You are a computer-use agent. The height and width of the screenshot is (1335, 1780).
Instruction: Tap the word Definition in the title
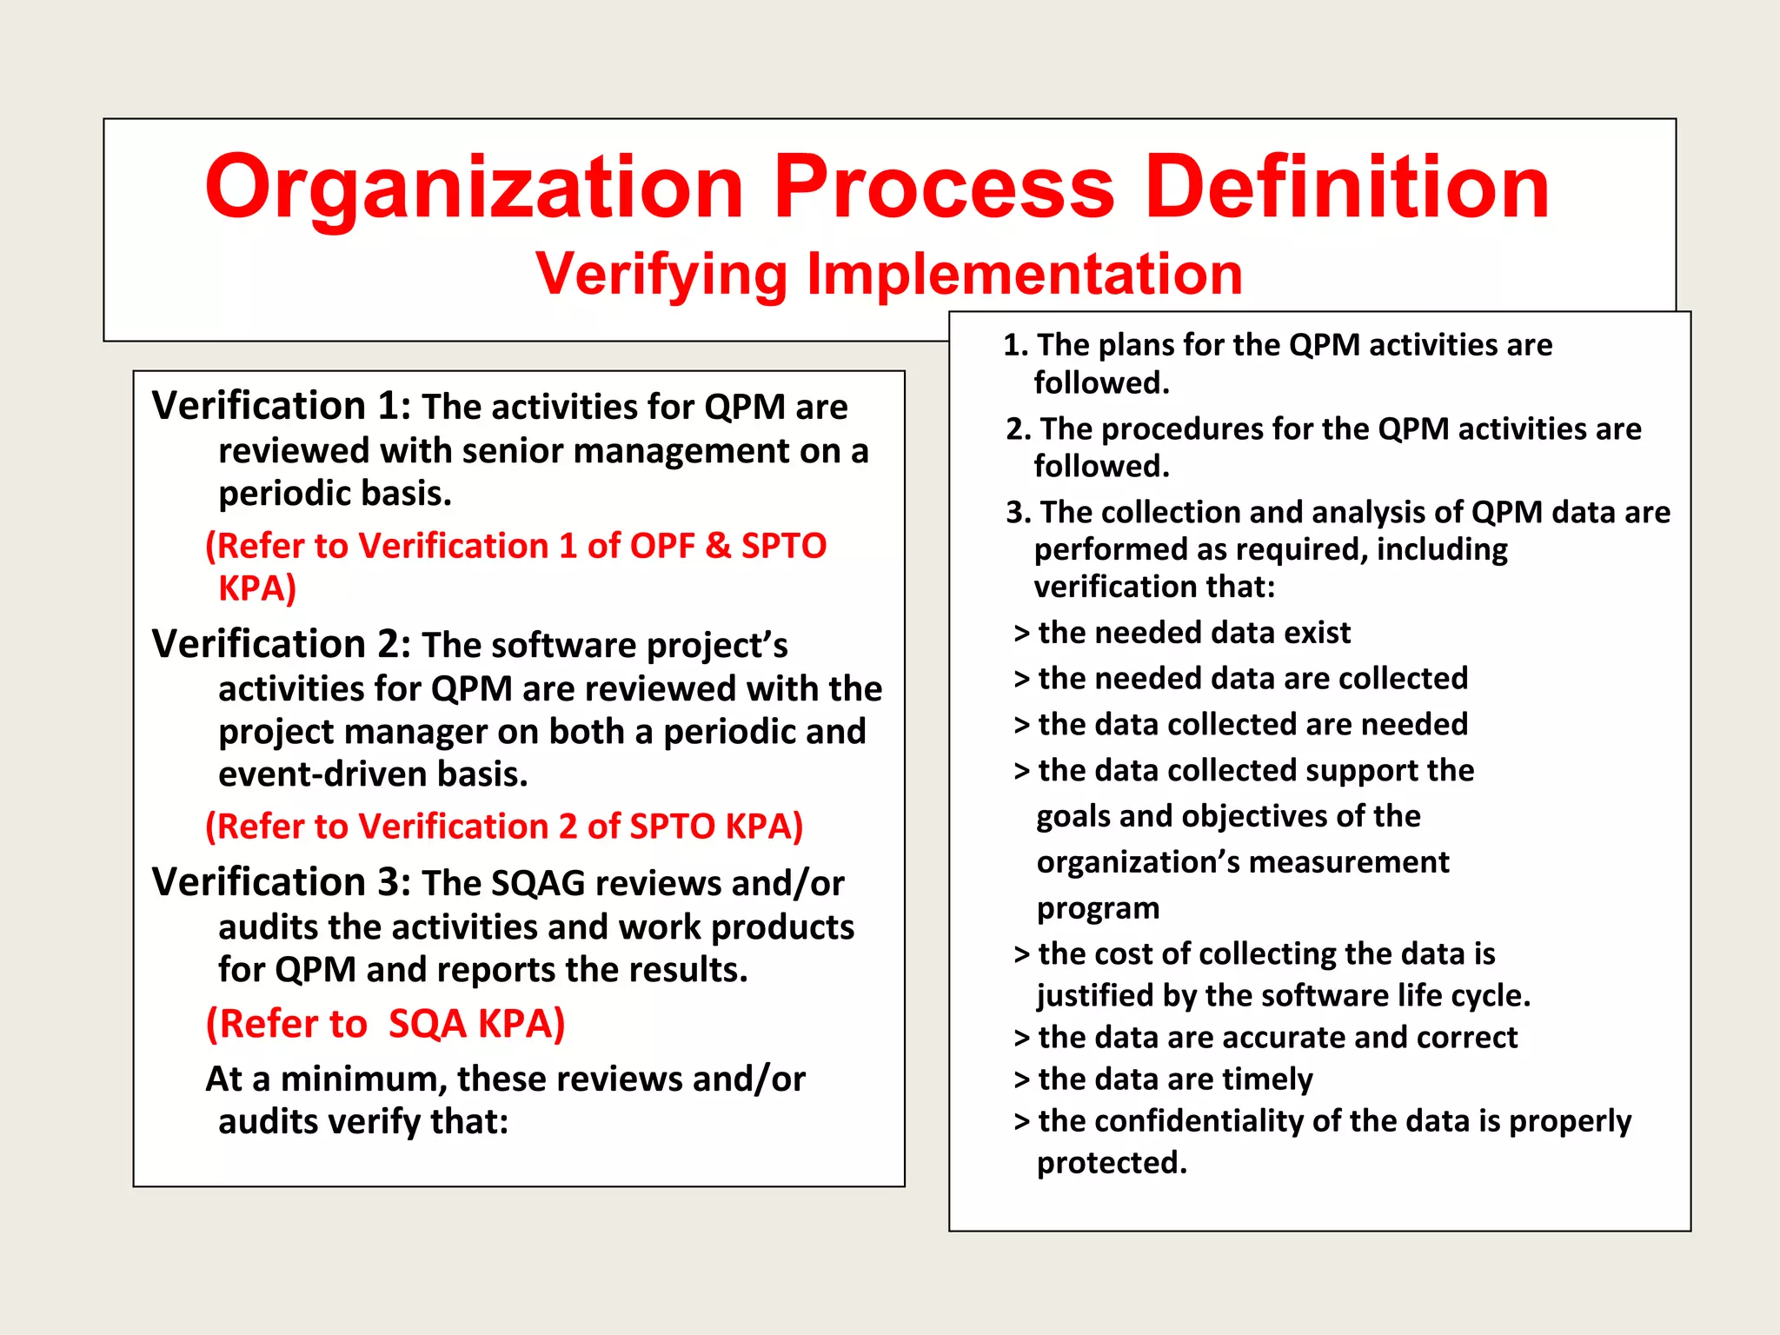1347,187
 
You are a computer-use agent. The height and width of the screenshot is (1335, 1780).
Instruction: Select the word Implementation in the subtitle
1025,275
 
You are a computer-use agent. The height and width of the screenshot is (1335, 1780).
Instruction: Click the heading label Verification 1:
281,407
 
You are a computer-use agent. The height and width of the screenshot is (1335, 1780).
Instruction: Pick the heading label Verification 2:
281,645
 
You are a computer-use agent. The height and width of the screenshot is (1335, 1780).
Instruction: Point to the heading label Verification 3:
281,883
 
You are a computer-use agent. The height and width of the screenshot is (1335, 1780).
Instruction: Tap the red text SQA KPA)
476,1024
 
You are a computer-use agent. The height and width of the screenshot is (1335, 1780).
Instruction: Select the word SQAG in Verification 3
538,884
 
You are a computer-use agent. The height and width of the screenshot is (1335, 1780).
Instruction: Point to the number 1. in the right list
1015,346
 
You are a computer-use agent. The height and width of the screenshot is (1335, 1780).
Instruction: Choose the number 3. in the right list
1018,513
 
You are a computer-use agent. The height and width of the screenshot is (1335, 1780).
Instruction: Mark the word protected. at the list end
1112,1163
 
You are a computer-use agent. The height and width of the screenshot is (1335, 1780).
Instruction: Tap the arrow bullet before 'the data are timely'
1021,1080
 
